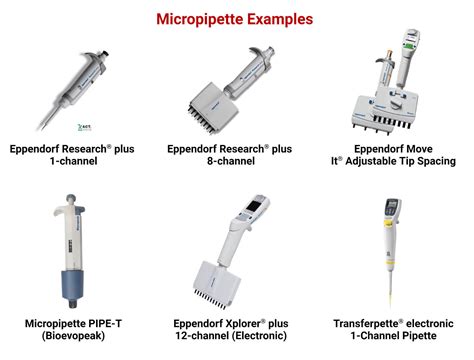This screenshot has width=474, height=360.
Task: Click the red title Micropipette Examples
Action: point(238,18)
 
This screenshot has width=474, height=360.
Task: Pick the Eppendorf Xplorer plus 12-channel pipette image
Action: point(238,250)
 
